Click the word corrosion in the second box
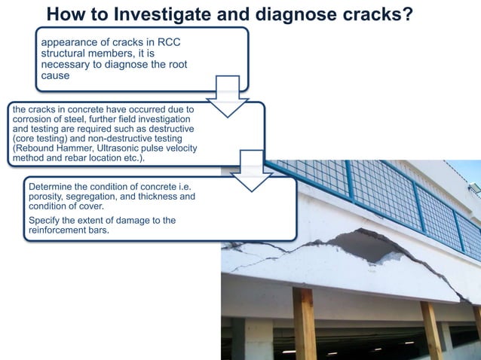(32, 120)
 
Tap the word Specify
(47, 220)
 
